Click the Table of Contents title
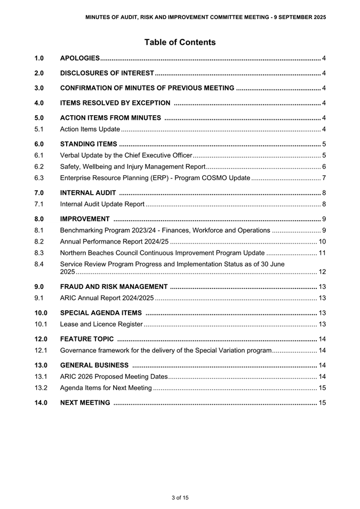tap(180, 42)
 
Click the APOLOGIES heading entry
tap(80, 58)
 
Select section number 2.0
tap(39, 72)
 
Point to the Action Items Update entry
tap(90, 129)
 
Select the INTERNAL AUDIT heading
tap(88, 192)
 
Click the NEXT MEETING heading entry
tap(85, 402)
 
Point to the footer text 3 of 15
tap(180, 498)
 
